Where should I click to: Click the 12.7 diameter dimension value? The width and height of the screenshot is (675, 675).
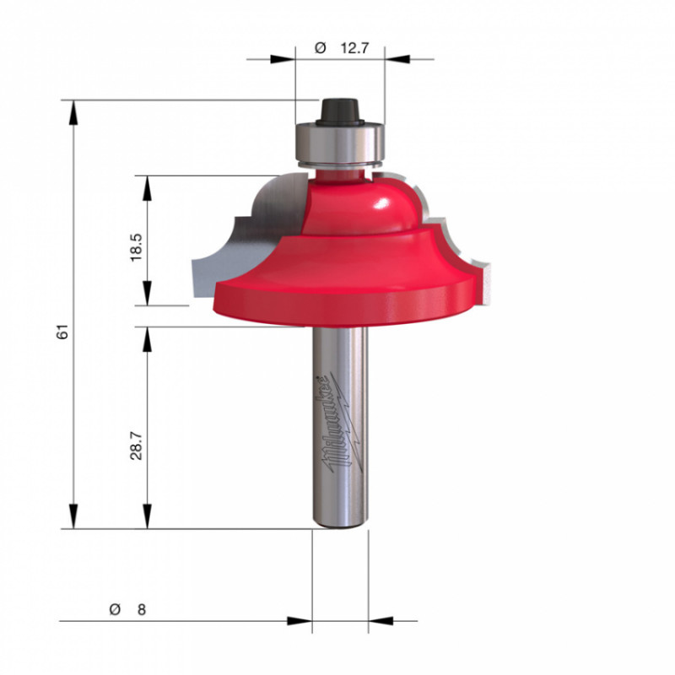pyautogui.click(x=354, y=48)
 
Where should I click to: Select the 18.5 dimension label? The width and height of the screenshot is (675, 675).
pyautogui.click(x=136, y=247)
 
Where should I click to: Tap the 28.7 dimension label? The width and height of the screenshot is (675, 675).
pyautogui.click(x=136, y=446)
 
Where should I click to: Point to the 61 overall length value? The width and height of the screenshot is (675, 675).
pyautogui.click(x=62, y=332)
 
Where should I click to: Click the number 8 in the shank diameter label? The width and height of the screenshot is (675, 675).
pyautogui.click(x=142, y=609)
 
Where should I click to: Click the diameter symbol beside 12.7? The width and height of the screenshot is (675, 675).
pyautogui.click(x=321, y=48)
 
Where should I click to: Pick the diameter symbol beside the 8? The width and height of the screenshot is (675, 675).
pyautogui.click(x=115, y=609)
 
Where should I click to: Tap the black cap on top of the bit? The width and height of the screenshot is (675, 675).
pyautogui.click(x=340, y=111)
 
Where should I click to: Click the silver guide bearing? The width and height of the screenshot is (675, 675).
pyautogui.click(x=340, y=143)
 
